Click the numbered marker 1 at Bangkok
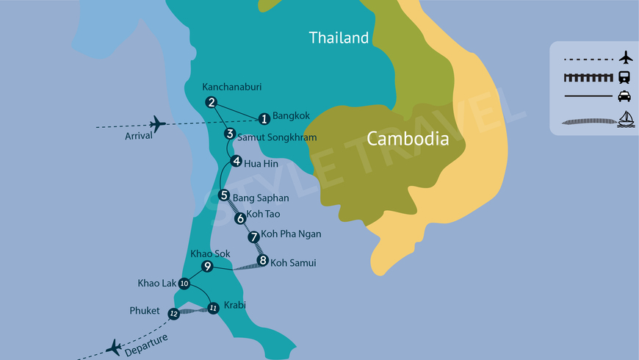point(264,118)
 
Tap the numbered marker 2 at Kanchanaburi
point(212,102)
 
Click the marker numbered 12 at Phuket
point(174,314)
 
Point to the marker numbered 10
point(184,284)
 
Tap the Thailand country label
point(339,37)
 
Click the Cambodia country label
point(408,138)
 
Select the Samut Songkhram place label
point(277,137)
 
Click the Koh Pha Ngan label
point(292,234)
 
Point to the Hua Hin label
point(261,163)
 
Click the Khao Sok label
point(206,253)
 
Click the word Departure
point(146,339)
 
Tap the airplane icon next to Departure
point(114,347)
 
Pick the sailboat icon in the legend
point(625,118)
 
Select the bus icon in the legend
point(625,76)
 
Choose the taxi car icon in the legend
point(625,96)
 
